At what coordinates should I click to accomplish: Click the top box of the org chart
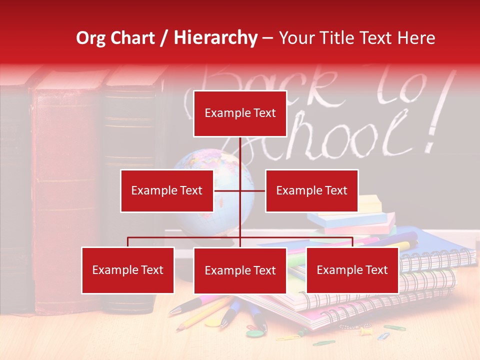(240, 113)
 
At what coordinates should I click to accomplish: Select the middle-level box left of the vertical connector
(167, 190)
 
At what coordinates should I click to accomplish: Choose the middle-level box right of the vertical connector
(311, 190)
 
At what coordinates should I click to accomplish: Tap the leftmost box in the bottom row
(128, 270)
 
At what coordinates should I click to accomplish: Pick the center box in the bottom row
(240, 270)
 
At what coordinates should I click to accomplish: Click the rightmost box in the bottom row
(352, 270)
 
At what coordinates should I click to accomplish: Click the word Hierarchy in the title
(215, 37)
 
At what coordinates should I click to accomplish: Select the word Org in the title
(91, 38)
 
